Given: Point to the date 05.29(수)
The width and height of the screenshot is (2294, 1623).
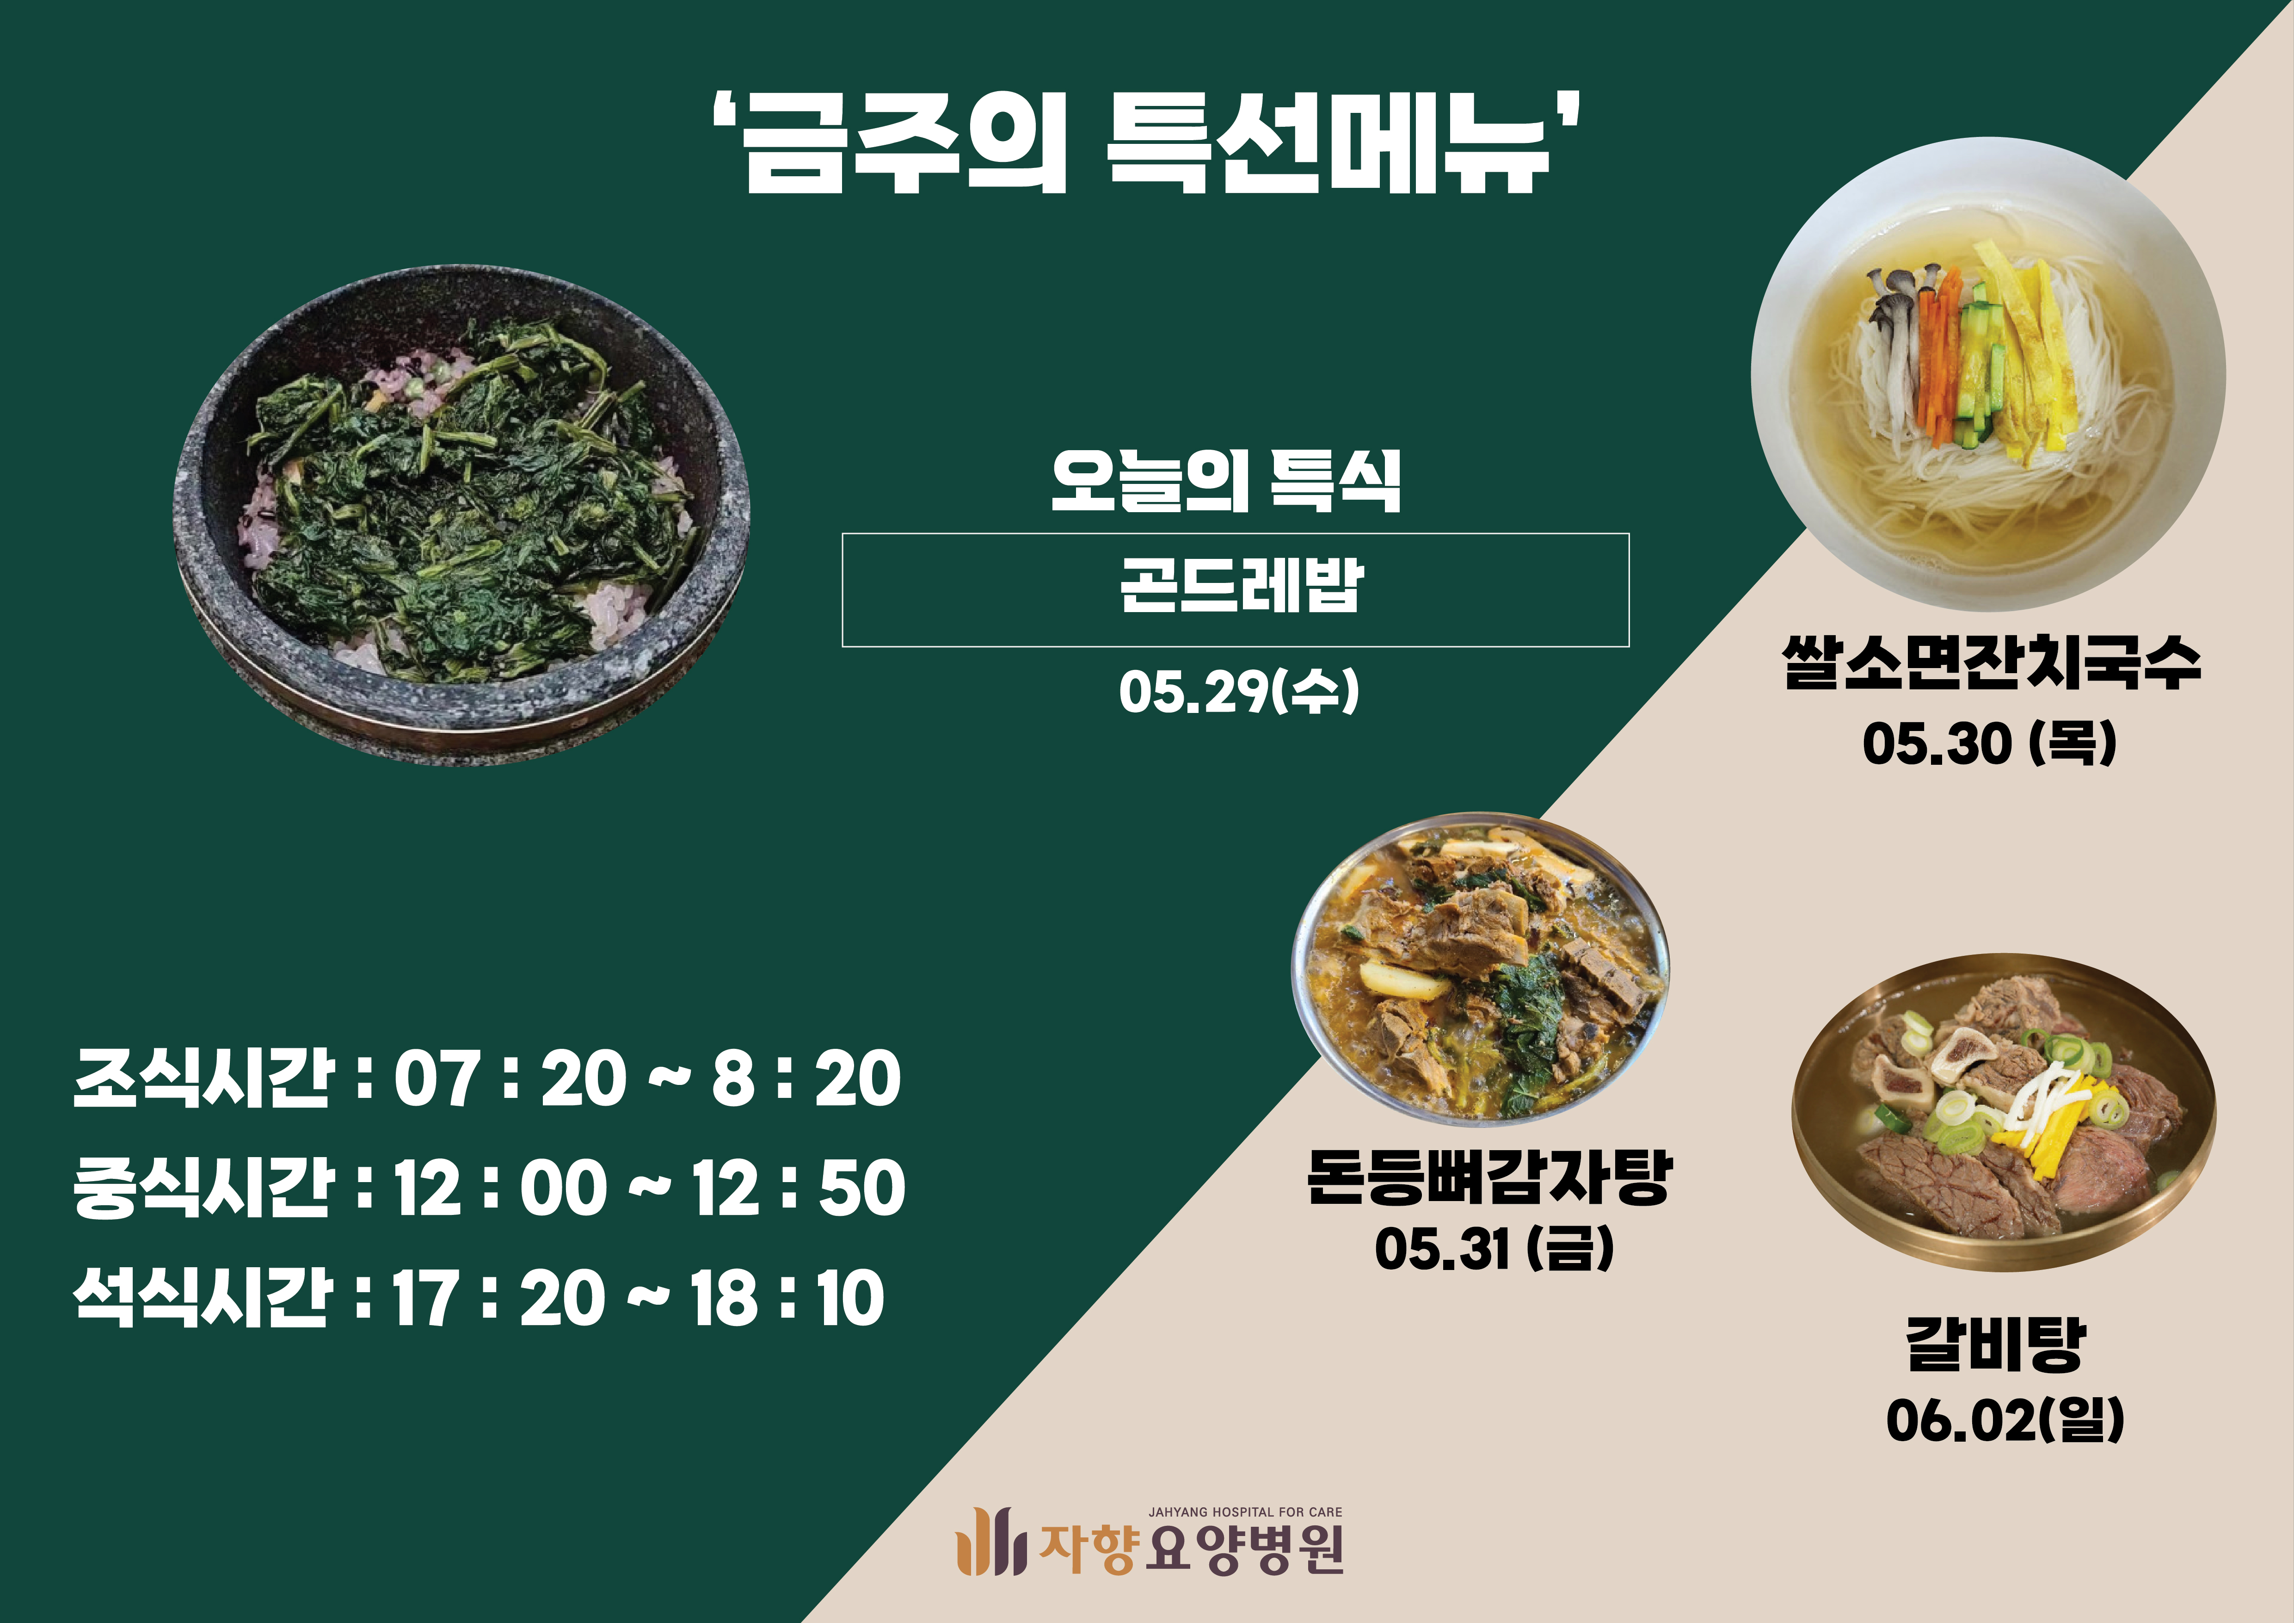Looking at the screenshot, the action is click(x=1239, y=692).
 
